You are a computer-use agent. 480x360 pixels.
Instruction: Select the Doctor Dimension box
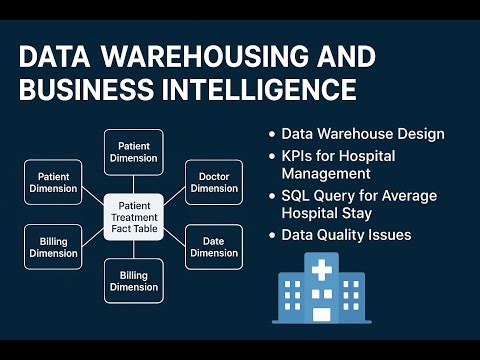[213, 182]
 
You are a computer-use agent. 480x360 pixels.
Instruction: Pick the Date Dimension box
[213, 246]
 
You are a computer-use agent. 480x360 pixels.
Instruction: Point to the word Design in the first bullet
[417, 133]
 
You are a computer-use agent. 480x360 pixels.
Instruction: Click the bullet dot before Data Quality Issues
[272, 236]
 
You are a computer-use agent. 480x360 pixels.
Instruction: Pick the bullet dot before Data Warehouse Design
[272, 134]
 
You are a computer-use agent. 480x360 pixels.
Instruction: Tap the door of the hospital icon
[322, 314]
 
